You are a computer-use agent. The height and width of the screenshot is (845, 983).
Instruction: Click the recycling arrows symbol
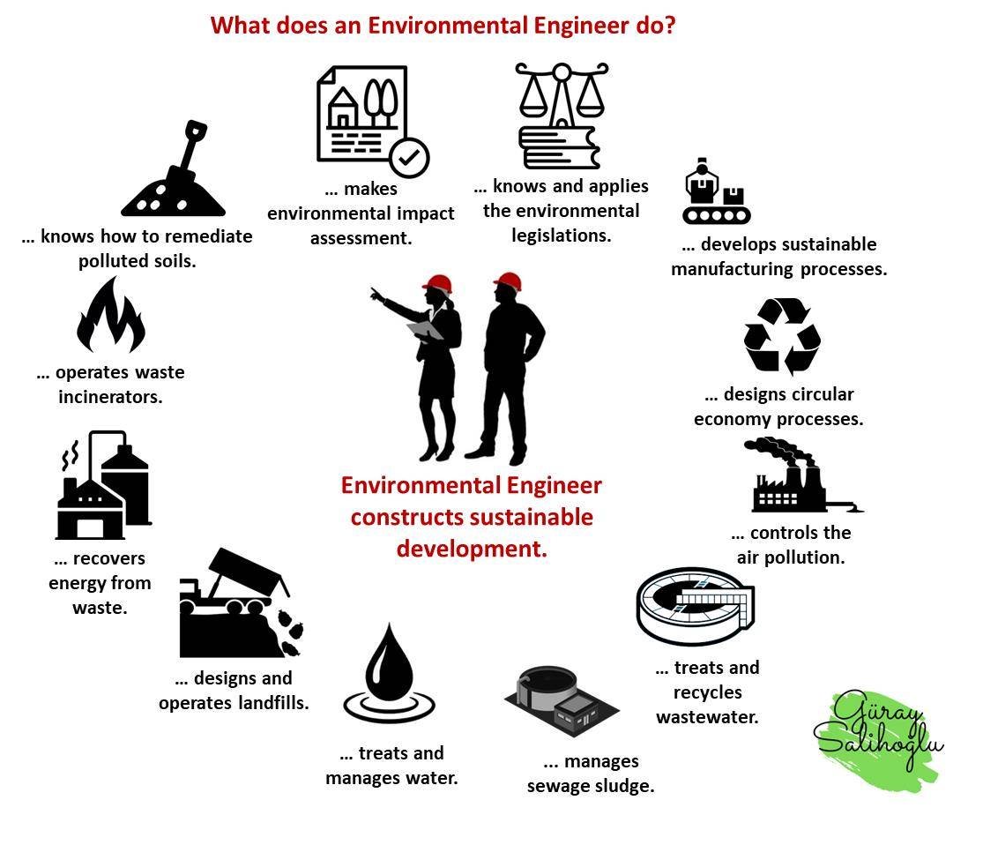tap(782, 335)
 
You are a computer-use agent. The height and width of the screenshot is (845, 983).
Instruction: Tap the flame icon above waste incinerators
tap(111, 316)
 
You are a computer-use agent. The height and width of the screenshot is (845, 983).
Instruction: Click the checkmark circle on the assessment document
tap(409, 158)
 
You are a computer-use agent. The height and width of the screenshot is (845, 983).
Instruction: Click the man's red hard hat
tap(508, 281)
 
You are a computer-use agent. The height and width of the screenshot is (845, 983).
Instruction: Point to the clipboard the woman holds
tap(424, 330)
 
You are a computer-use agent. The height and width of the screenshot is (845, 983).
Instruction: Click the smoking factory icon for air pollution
tap(804, 475)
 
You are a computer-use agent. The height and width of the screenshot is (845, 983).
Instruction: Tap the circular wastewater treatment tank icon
tap(696, 605)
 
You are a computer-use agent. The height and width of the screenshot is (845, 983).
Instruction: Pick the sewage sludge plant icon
tap(562, 700)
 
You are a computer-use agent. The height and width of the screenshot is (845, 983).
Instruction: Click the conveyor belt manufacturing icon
tap(716, 191)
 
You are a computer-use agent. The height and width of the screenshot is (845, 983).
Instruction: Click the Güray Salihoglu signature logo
tap(880, 733)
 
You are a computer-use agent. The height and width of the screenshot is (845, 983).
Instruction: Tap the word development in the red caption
tap(472, 549)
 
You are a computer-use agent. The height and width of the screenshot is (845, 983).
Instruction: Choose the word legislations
tap(561, 236)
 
